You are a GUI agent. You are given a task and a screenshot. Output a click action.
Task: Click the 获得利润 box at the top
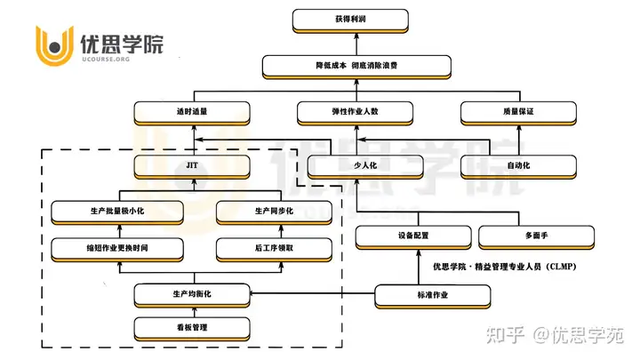point(350,20)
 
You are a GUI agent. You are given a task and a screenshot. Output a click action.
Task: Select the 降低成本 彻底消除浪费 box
point(356,67)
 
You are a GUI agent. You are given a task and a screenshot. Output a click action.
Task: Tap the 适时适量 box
point(192,113)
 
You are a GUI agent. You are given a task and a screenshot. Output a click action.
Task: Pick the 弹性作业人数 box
point(355,113)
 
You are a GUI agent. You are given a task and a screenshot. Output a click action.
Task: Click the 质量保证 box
point(518,113)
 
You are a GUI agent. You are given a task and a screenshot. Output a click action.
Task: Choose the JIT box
point(192,167)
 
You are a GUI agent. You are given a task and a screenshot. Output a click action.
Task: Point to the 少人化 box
point(365,167)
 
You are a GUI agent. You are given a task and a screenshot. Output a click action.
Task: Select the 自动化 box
point(518,167)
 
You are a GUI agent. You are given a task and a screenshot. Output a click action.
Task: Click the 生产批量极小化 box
point(117,212)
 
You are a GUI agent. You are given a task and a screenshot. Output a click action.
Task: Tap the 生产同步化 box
point(274,212)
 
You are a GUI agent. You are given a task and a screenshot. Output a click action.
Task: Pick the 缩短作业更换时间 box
point(117,250)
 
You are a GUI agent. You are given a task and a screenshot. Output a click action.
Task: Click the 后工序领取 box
point(274,250)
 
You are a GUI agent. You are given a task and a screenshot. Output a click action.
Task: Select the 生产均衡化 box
point(192,295)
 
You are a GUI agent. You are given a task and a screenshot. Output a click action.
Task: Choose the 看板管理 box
point(192,329)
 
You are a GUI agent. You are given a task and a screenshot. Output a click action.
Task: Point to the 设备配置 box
point(413,237)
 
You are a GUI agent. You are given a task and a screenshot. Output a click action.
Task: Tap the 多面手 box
point(536,237)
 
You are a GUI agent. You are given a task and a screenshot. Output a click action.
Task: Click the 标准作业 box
point(433,297)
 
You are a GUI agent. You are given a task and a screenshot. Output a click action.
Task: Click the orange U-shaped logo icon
point(55,45)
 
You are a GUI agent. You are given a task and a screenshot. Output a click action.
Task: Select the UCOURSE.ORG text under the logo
point(106,60)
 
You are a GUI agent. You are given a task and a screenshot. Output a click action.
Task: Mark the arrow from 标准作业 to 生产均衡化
point(312,293)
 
